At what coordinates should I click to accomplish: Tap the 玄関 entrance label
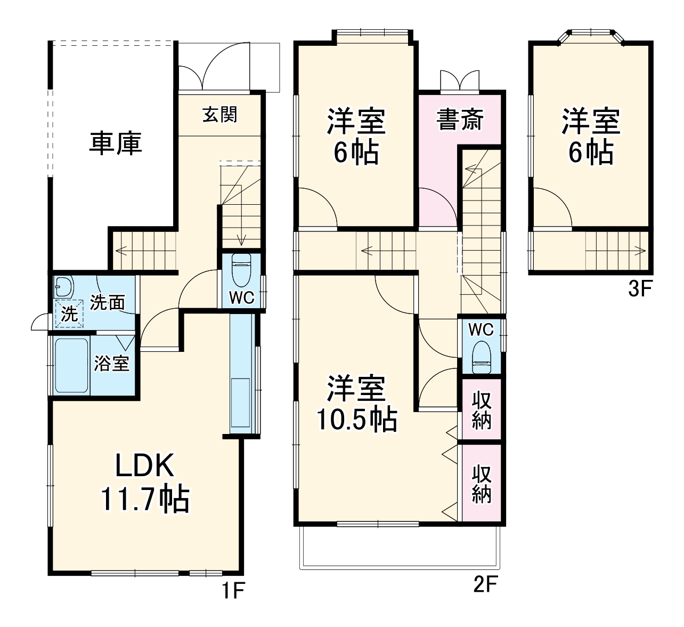click(x=219, y=114)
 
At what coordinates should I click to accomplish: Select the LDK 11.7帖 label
click(x=144, y=483)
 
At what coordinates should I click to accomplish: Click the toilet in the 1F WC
click(x=241, y=270)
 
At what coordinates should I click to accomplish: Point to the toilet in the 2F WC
click(x=481, y=358)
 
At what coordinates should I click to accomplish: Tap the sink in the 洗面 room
click(x=63, y=287)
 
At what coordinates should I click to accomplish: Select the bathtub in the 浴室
click(x=71, y=366)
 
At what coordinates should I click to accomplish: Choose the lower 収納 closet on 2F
click(x=481, y=483)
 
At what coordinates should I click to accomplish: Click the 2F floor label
click(x=485, y=585)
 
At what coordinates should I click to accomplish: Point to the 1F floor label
click(x=233, y=590)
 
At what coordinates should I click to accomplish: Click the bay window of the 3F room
click(x=591, y=37)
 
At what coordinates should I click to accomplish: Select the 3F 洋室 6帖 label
click(x=590, y=136)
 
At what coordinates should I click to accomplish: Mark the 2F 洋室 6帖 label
click(x=356, y=136)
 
